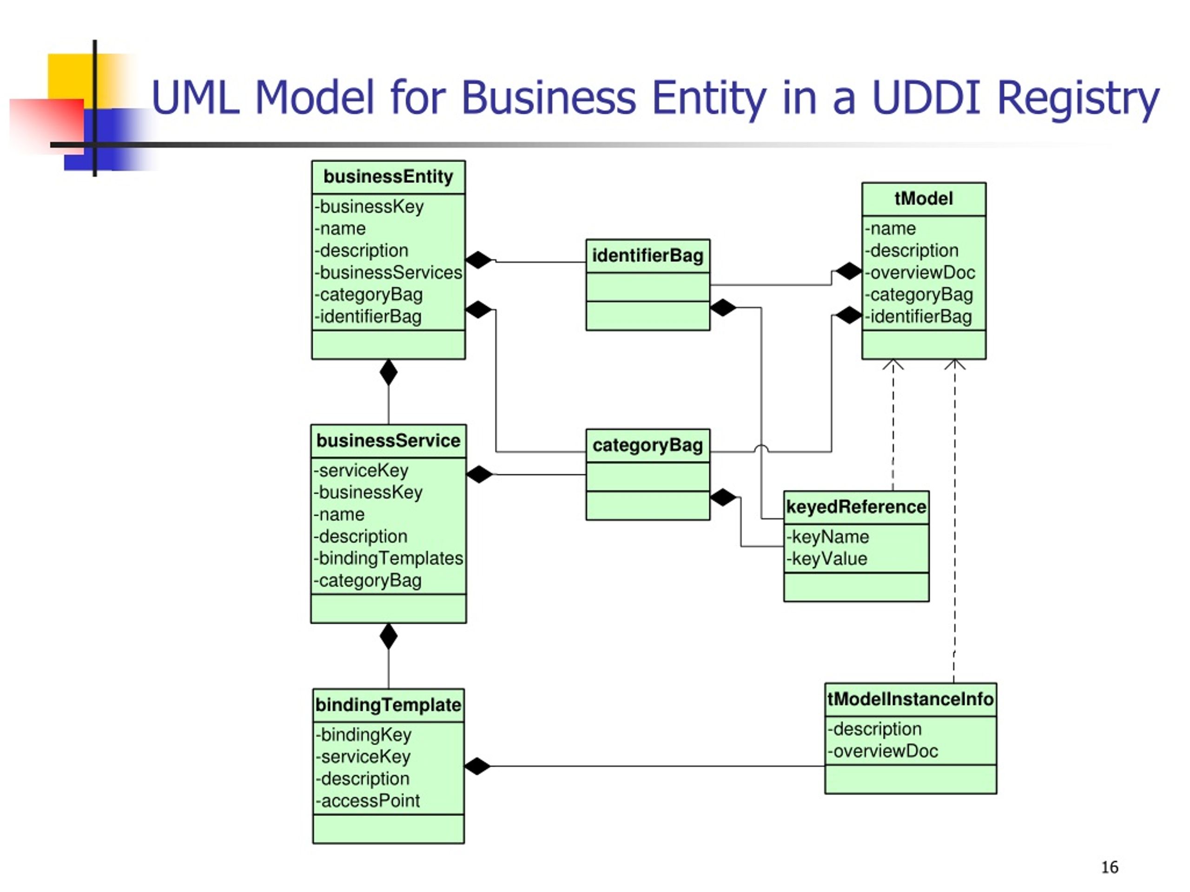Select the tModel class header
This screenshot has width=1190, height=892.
[x=923, y=199]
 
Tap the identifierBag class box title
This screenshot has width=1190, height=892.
[x=647, y=256]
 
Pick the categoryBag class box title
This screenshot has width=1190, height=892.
[x=647, y=446]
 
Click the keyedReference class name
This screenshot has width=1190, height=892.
[x=856, y=507]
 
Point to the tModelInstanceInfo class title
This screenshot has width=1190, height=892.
[x=910, y=700]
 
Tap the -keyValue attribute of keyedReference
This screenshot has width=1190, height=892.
[x=826, y=559]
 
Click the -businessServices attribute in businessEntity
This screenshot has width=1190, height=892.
[x=388, y=273]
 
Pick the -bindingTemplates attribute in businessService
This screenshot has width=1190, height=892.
[x=388, y=558]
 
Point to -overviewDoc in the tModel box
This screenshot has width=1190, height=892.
[x=919, y=273]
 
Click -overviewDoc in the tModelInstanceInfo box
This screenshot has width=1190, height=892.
[x=882, y=751]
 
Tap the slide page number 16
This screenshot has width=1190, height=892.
[x=1109, y=867]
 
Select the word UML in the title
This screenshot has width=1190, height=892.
[x=196, y=97]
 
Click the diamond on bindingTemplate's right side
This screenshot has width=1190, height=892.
[x=478, y=766]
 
